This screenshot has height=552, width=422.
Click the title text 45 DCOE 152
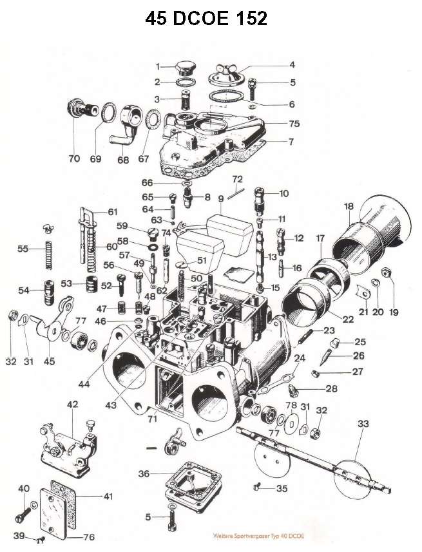206,19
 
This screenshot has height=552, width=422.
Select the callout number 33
363,423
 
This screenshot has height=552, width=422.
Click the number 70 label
74,159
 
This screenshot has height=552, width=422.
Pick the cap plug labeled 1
185,68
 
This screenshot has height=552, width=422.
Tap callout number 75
294,122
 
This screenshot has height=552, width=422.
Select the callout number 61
113,211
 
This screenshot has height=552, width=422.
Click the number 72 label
237,178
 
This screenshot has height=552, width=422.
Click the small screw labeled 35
258,488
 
